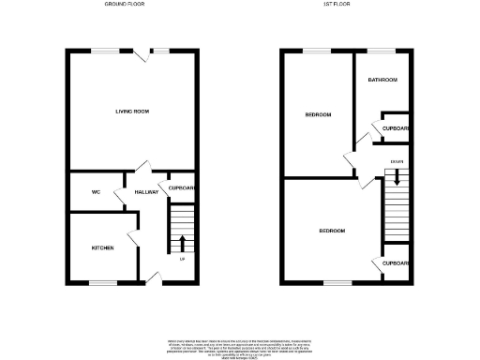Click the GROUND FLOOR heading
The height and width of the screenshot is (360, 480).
[x=133, y=5]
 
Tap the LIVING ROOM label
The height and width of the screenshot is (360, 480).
[x=132, y=112]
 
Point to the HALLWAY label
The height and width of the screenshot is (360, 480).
[x=145, y=191]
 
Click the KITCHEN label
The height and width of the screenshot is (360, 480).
[x=102, y=247]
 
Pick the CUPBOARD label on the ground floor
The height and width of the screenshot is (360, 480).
[x=182, y=188]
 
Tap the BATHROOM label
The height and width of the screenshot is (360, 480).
[x=382, y=80]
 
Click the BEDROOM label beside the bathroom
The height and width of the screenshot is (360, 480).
[x=318, y=115]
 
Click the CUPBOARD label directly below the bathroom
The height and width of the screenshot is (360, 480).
[x=396, y=129]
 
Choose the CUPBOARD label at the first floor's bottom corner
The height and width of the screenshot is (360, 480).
[x=396, y=263]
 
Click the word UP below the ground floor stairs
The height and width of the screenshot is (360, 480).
[x=181, y=260]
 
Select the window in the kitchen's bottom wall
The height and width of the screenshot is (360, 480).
[x=102, y=282]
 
